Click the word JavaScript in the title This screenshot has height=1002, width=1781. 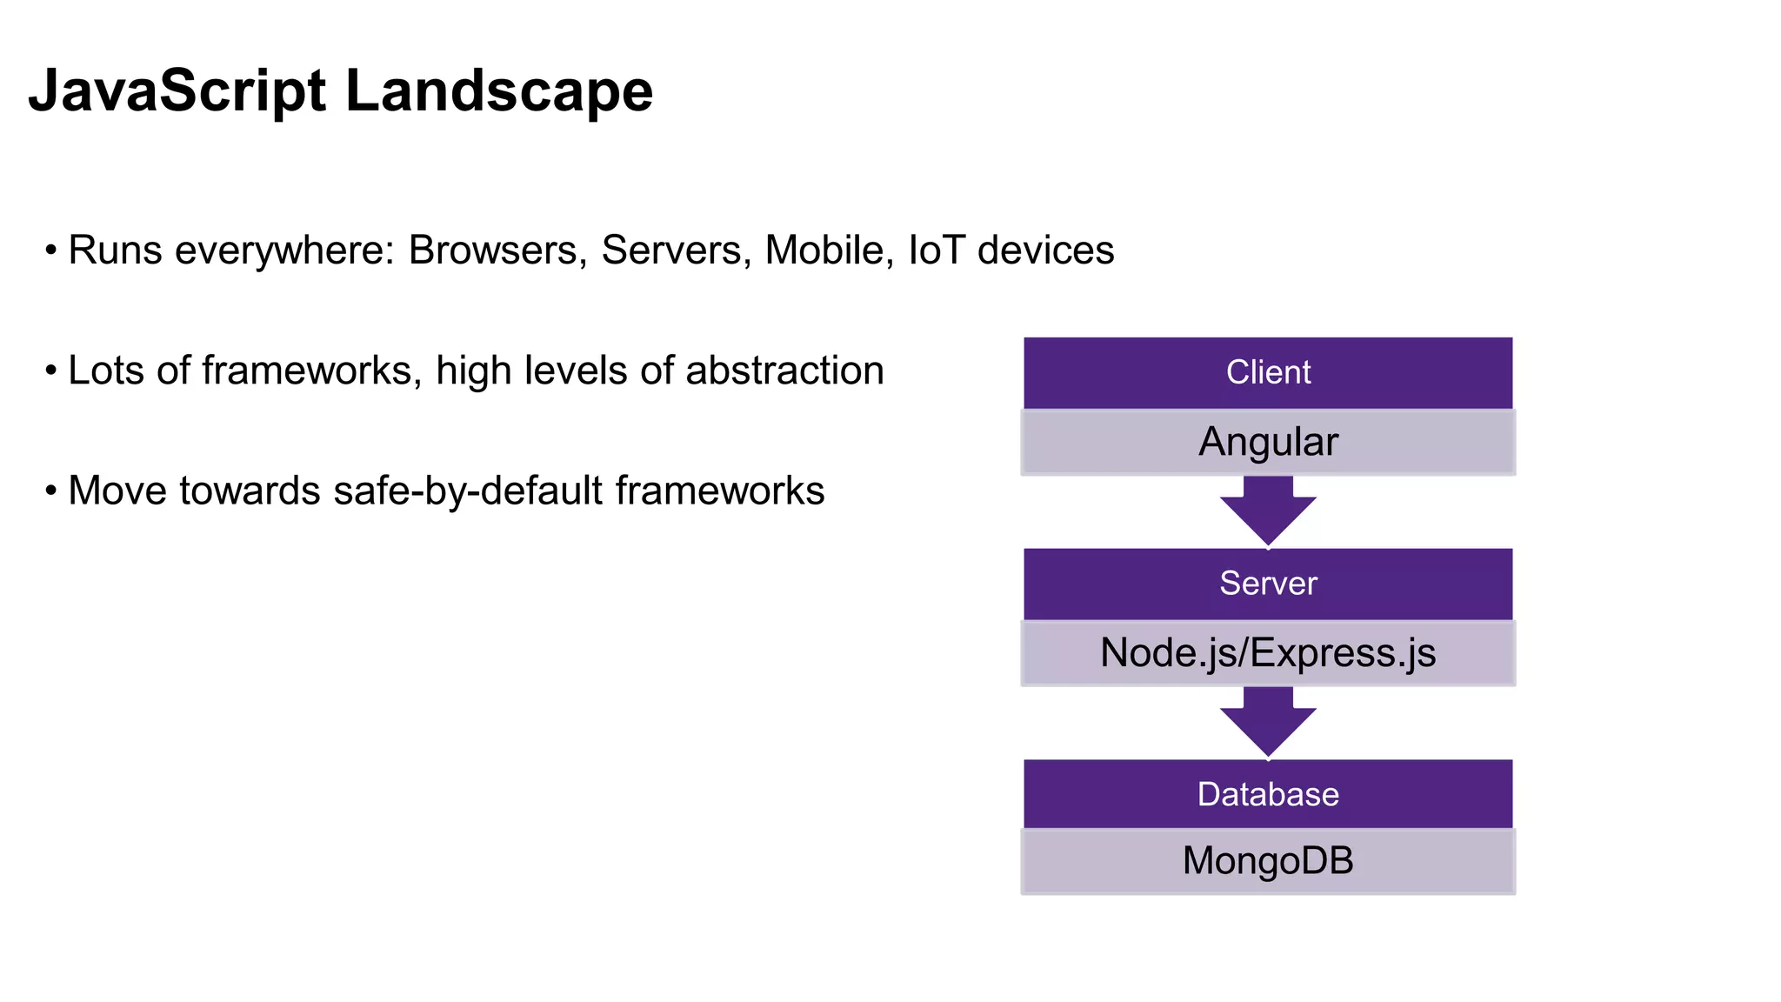(177, 91)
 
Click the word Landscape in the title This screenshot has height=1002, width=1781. (499, 91)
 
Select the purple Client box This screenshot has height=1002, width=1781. (1267, 372)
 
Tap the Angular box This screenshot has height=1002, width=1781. (1267, 442)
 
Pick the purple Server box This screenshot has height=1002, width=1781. (1267, 583)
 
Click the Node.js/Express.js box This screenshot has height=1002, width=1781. (1267, 653)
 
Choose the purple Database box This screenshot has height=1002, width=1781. (1267, 794)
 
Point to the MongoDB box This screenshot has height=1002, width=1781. (1267, 861)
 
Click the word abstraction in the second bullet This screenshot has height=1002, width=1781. (784, 371)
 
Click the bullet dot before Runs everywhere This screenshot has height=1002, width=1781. (51, 251)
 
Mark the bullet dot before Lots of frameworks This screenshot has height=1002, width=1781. (51, 371)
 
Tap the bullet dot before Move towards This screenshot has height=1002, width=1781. (51, 491)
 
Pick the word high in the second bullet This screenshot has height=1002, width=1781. (473, 371)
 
